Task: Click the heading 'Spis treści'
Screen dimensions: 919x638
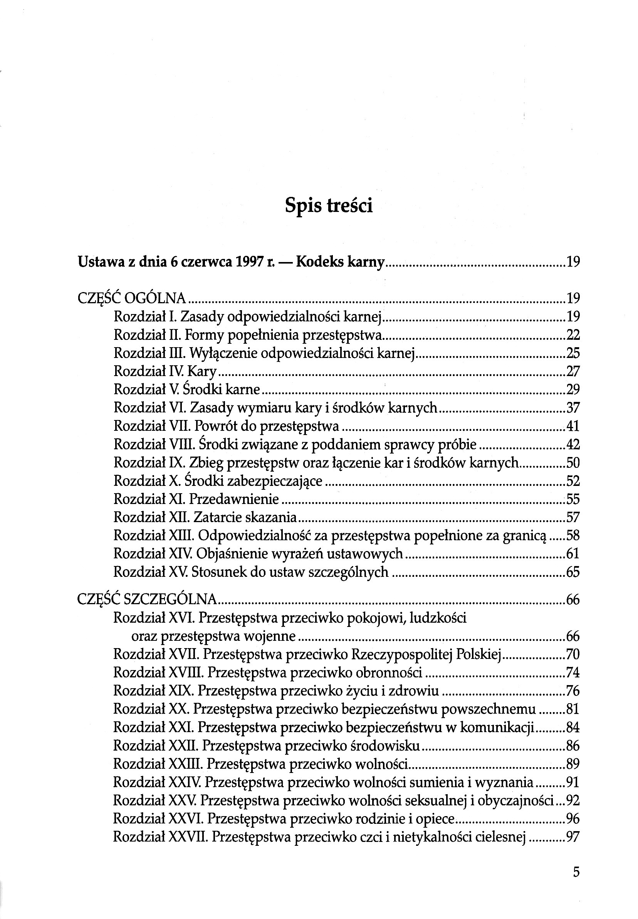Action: (x=329, y=206)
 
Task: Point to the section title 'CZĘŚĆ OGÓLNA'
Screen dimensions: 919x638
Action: (x=132, y=298)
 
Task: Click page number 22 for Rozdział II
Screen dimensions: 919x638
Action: (x=573, y=334)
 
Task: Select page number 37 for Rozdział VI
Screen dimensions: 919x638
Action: (x=573, y=408)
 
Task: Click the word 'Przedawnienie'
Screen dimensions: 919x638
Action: (x=234, y=499)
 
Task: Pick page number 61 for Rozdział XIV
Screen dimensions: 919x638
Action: (x=573, y=554)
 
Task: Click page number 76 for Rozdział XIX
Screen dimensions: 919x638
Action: (x=573, y=691)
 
